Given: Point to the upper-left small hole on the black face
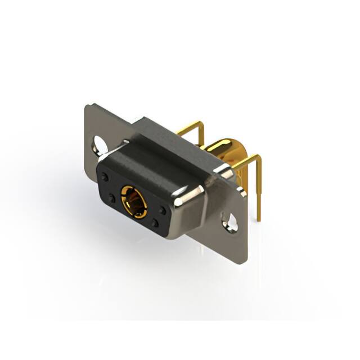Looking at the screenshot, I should tap(105, 177).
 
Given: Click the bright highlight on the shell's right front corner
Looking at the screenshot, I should tap(183, 198).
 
